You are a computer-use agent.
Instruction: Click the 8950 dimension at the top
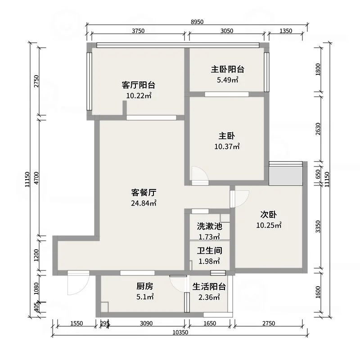pos(197,22)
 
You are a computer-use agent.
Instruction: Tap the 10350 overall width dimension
pos(180,332)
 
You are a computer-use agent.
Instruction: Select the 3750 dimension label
pos(138,31)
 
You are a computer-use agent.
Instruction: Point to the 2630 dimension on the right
pos(318,129)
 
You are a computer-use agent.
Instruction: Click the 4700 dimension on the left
pos(37,178)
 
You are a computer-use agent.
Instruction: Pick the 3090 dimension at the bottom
pos(146,324)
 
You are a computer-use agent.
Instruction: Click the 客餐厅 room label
pos(144,193)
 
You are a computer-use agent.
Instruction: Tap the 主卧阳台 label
pos(228,69)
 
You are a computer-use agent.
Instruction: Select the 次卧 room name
pos(268,215)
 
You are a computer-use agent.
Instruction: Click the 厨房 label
pos(144,286)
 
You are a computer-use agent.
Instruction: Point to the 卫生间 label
pos(209,251)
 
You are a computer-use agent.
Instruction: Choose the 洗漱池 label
pos(209,226)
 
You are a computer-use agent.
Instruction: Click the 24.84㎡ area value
pos(144,203)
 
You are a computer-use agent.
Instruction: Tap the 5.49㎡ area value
pos(228,80)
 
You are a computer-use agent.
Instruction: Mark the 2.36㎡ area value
pos(209,297)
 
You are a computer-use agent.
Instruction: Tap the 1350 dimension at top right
pos(286,31)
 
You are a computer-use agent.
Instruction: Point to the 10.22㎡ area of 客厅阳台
pos(139,96)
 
